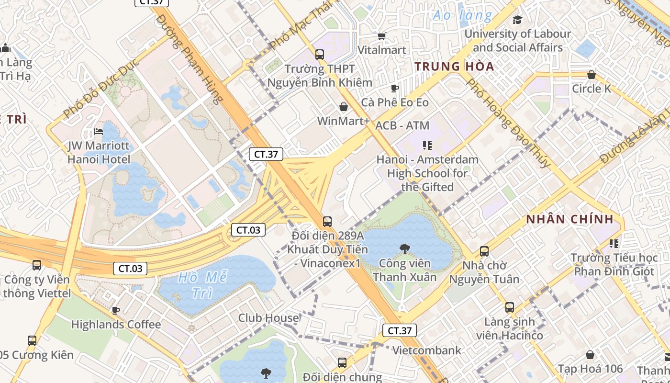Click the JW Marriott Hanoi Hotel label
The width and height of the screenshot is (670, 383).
pos(99,152)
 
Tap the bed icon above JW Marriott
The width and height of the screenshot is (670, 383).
pos(99,131)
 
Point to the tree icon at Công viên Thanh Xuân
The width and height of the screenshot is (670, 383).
pos(404,248)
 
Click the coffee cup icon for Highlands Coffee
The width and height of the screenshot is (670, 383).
pos(115,310)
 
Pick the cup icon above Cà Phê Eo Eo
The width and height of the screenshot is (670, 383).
pos(394,88)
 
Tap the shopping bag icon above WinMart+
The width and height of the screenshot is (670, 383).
pos(343,106)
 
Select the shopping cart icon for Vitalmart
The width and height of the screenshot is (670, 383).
pos(381,36)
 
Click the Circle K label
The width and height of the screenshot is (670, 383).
pos(592,89)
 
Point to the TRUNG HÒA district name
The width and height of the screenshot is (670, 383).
pos(454,67)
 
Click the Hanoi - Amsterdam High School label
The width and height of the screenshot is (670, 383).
pos(427,173)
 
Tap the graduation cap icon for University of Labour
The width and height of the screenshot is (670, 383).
pos(517,20)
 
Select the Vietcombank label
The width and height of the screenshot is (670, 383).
pos(427,350)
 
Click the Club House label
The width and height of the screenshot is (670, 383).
pos(268,318)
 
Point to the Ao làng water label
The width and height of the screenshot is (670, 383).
pos(462,16)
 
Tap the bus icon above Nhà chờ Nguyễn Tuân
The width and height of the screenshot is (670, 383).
pos(484,251)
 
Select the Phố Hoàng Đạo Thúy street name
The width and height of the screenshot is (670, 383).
pos(508,123)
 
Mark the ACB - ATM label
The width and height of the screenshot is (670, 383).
pos(402,125)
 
